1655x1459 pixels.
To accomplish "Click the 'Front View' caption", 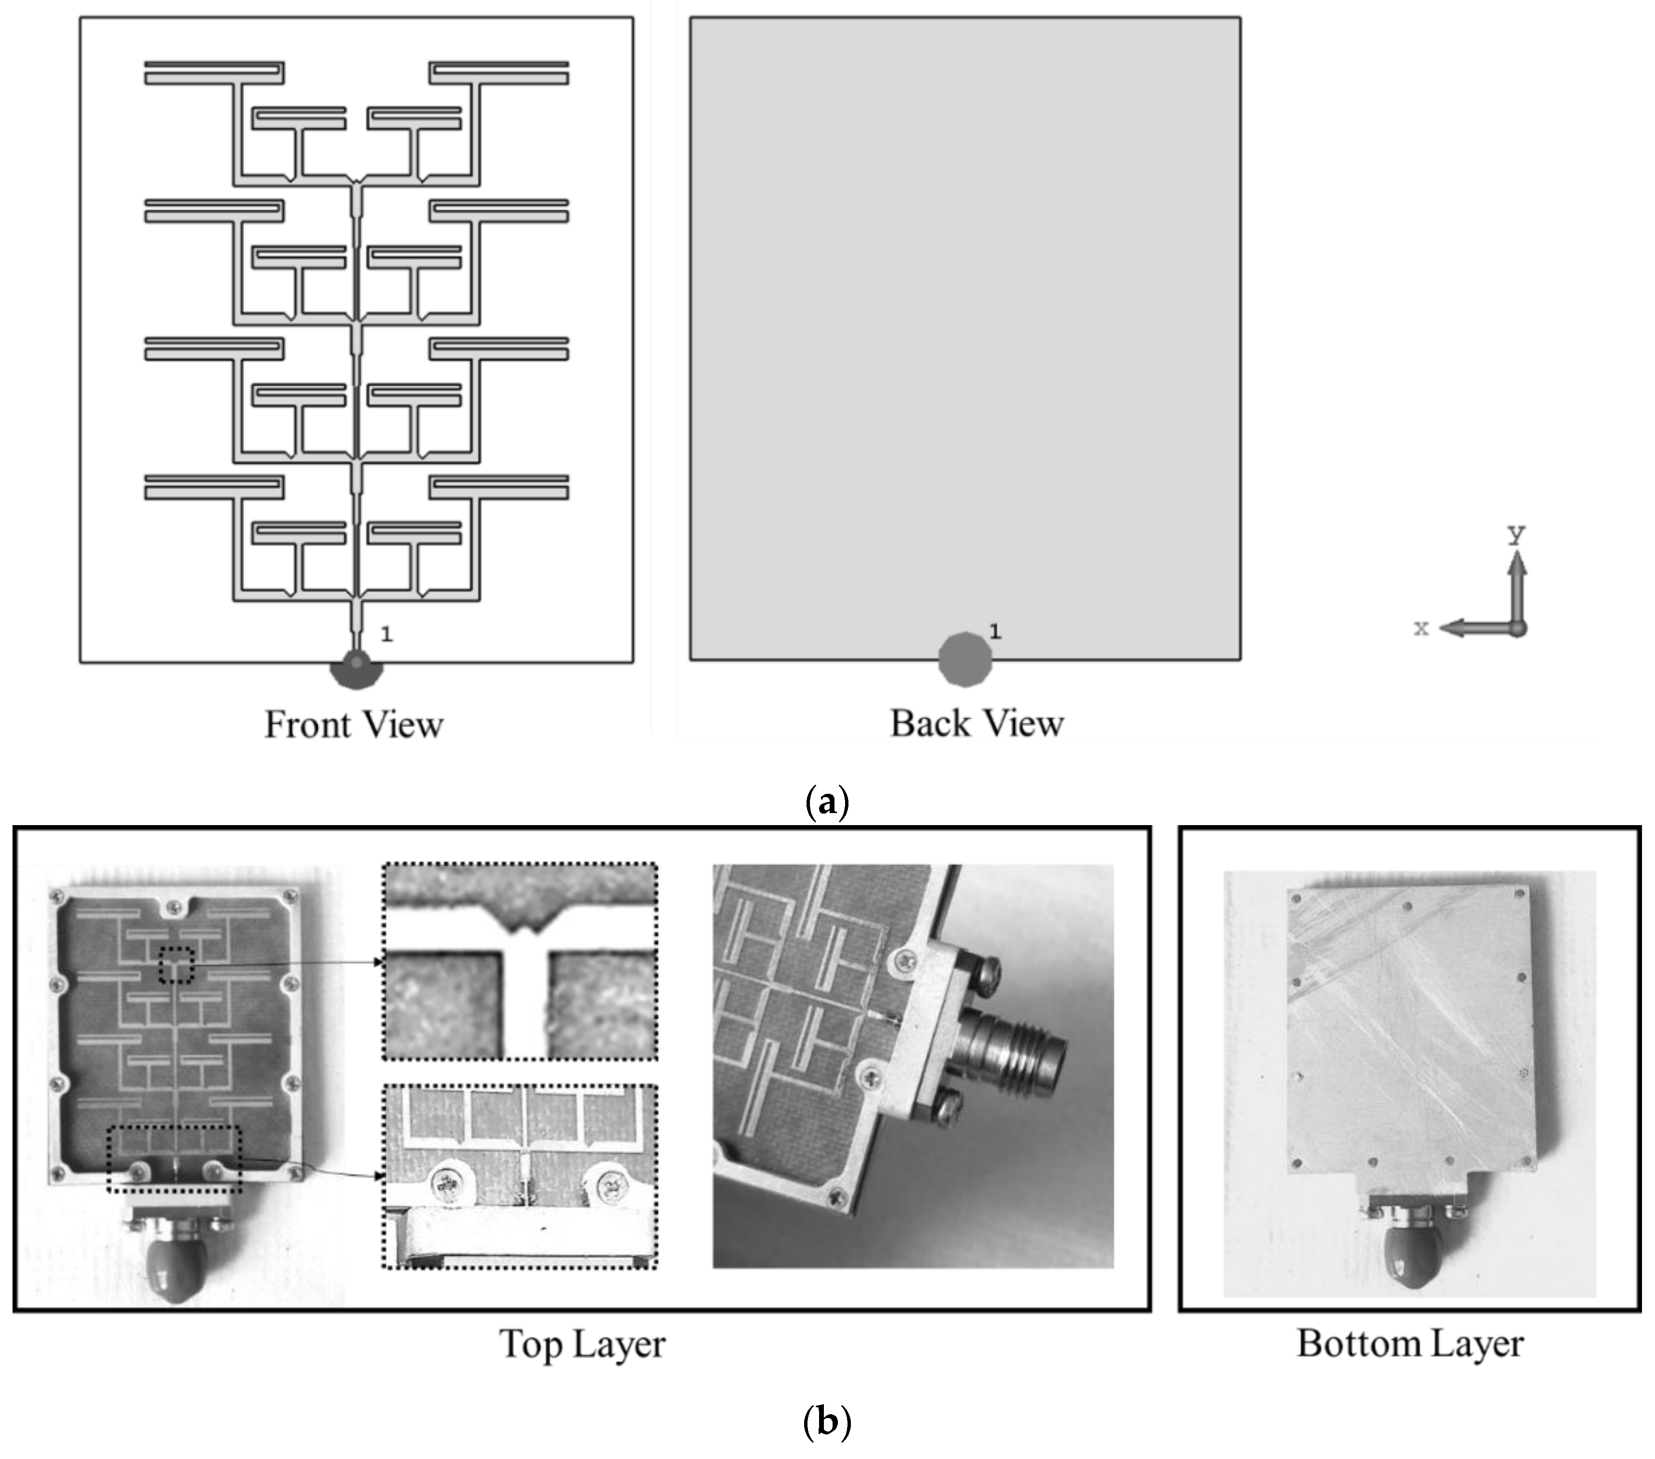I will click(354, 724).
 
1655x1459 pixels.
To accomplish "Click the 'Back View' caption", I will click(977, 723).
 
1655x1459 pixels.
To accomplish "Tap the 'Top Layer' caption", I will click(582, 1344).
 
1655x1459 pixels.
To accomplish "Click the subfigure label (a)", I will click(827, 802).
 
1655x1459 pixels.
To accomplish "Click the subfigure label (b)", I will click(827, 1422).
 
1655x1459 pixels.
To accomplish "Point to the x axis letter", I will click(1421, 628).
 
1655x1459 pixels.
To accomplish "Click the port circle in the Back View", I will click(965, 659).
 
